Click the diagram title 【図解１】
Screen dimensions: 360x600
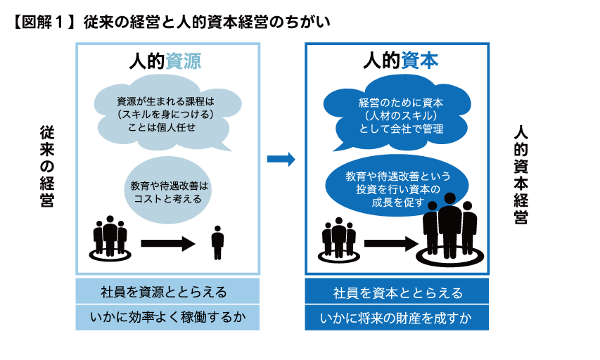click(x=42, y=22)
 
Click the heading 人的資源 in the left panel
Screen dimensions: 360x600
click(x=167, y=61)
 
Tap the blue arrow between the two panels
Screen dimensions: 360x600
click(x=281, y=160)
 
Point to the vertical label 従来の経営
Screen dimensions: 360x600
click(x=47, y=167)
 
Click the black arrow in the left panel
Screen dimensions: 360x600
click(x=167, y=244)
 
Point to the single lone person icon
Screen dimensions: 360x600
click(x=217, y=242)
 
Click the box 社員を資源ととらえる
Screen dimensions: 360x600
click(x=167, y=292)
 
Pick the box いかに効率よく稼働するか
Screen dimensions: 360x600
click(x=167, y=318)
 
